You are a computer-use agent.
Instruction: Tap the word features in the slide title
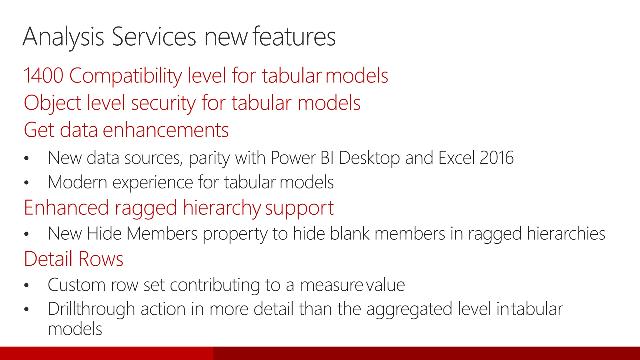(294, 37)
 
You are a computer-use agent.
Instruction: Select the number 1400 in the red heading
(43, 76)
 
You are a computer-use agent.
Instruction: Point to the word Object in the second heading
(52, 103)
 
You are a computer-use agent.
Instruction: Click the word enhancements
(166, 130)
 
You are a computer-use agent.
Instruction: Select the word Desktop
(369, 158)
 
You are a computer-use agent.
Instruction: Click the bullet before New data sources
(27, 158)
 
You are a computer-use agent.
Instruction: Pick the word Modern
(77, 182)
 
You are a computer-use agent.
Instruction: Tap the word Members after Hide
(162, 233)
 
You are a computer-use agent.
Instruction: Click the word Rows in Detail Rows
(101, 259)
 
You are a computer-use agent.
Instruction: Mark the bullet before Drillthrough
(27, 309)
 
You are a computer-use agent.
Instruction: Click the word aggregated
(409, 309)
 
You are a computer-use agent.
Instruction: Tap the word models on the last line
(75, 329)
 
